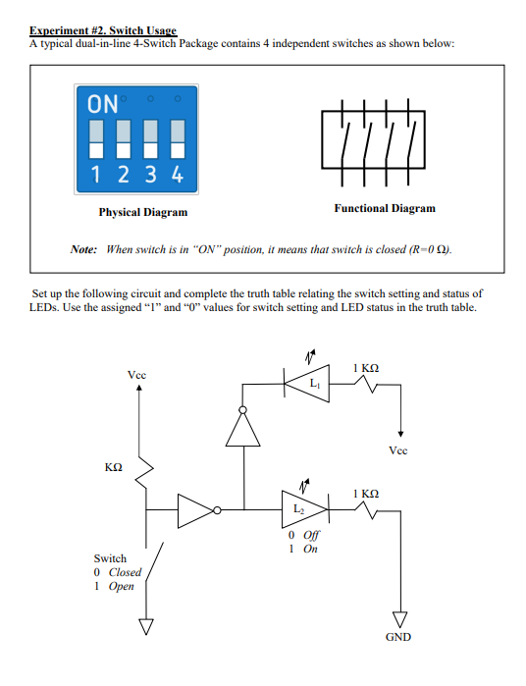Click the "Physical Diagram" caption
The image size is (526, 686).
142,212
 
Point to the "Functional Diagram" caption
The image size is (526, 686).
384,208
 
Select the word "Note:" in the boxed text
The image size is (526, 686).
83,249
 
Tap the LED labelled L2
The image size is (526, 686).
301,508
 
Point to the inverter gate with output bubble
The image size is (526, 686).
197,509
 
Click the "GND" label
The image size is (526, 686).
397,637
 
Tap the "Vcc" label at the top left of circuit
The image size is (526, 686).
138,375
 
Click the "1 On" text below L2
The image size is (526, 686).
303,549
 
